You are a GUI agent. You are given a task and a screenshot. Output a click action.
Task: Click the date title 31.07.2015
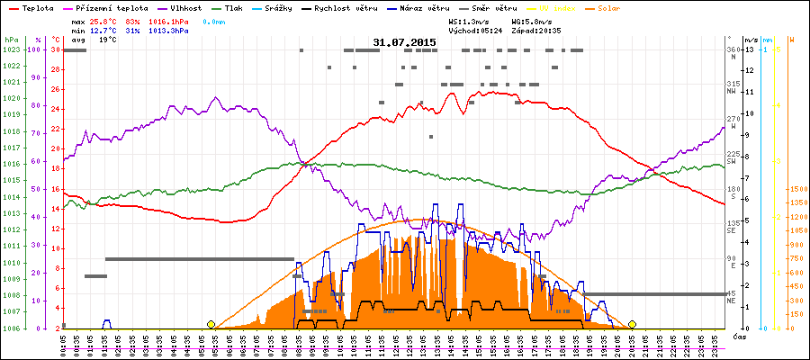[404, 42]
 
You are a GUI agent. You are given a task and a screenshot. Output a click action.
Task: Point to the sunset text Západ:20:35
[535, 31]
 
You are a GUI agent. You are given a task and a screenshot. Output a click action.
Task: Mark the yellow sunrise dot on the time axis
[211, 324]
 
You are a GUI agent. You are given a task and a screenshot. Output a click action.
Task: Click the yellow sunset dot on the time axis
[632, 324]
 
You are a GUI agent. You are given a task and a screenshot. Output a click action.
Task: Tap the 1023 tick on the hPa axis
[11, 50]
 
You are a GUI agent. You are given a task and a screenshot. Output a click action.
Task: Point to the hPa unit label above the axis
[11, 40]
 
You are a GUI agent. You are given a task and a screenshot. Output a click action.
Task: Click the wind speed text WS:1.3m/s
[468, 21]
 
